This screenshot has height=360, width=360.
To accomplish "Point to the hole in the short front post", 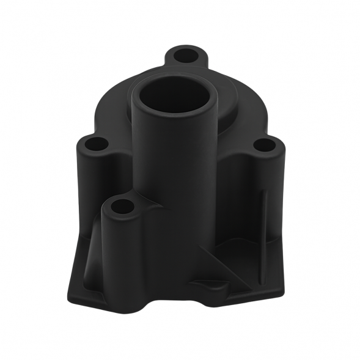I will (122, 207).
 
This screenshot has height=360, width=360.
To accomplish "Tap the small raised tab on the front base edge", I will (208, 284).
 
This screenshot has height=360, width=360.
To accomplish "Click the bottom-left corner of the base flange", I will (68, 298).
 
